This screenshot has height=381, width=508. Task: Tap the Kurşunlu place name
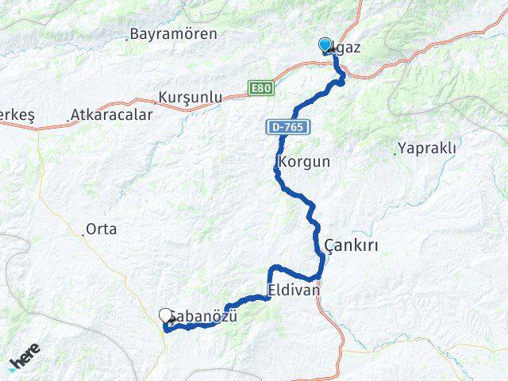tap(190, 97)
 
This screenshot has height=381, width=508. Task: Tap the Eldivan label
tap(294, 291)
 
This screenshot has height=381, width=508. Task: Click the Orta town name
tap(102, 229)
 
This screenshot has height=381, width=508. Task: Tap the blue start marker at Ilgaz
tap(325, 45)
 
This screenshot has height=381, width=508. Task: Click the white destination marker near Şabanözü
tap(166, 316)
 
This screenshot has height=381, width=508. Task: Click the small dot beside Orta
tap(83, 234)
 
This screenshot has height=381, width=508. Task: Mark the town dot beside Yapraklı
tap(394, 149)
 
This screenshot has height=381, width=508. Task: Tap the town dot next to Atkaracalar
tap(68, 122)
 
